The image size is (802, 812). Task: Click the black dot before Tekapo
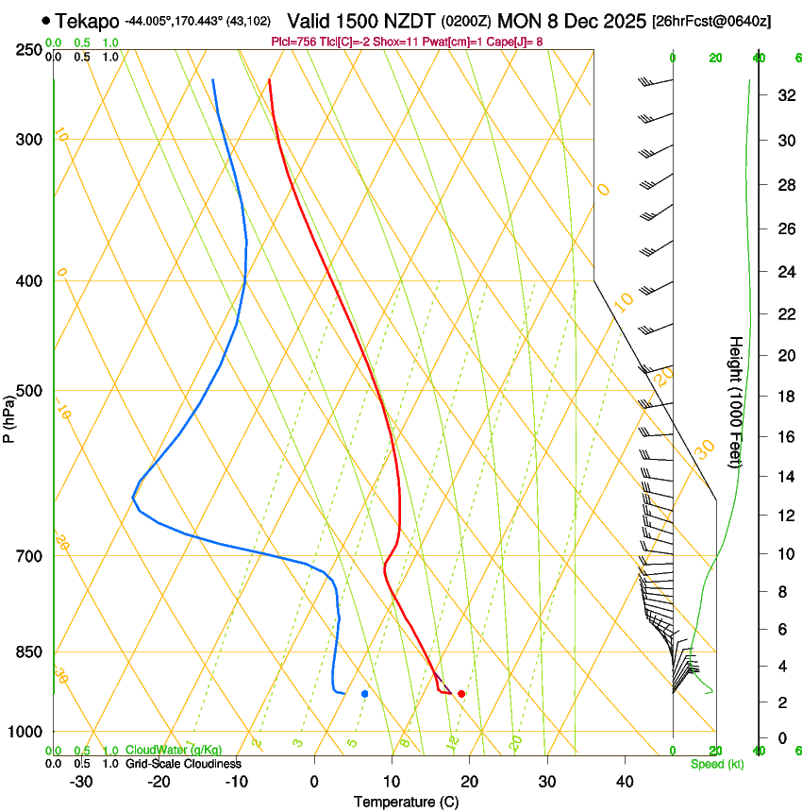pyautogui.click(x=45, y=20)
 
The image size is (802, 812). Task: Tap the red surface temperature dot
pyautogui.click(x=461, y=694)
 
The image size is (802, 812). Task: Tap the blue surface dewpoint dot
pyautogui.click(x=365, y=694)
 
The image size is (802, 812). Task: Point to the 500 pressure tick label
pyautogui.click(x=29, y=391)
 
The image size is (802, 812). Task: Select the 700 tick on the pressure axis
pyautogui.click(x=29, y=556)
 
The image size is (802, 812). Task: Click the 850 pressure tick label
pyautogui.click(x=29, y=652)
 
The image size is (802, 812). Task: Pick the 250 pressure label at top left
pyautogui.click(x=29, y=50)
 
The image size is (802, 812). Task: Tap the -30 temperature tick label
pyautogui.click(x=81, y=782)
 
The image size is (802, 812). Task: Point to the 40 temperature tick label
pyautogui.click(x=624, y=782)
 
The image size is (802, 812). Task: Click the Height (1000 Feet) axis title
pyautogui.click(x=737, y=401)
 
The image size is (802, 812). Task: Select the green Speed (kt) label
pyautogui.click(x=717, y=764)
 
